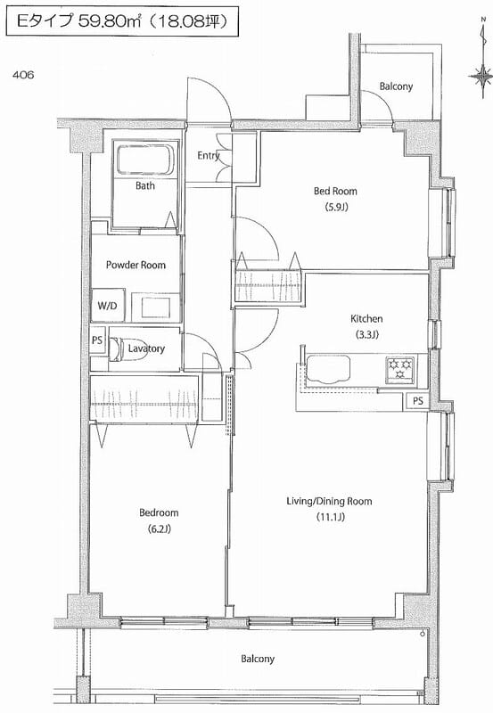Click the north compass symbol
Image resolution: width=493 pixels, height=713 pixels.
point(483,78)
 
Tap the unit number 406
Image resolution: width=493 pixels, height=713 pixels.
point(23,76)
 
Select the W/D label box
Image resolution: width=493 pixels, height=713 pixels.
point(107,306)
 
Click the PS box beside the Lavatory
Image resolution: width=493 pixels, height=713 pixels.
point(96,339)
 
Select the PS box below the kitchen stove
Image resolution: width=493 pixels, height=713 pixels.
point(417,401)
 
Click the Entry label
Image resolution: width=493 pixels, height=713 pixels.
point(209,156)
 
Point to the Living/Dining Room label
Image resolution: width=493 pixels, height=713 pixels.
point(329,502)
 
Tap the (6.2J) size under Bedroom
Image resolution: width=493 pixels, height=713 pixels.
point(159,529)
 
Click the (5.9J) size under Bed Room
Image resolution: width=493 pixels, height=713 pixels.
point(335,208)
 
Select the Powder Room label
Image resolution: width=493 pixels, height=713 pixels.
point(136,265)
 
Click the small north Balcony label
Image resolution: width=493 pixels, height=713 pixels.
point(396,86)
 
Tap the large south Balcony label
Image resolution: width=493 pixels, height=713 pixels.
point(257,660)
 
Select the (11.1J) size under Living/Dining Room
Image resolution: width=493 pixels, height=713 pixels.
point(329,518)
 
